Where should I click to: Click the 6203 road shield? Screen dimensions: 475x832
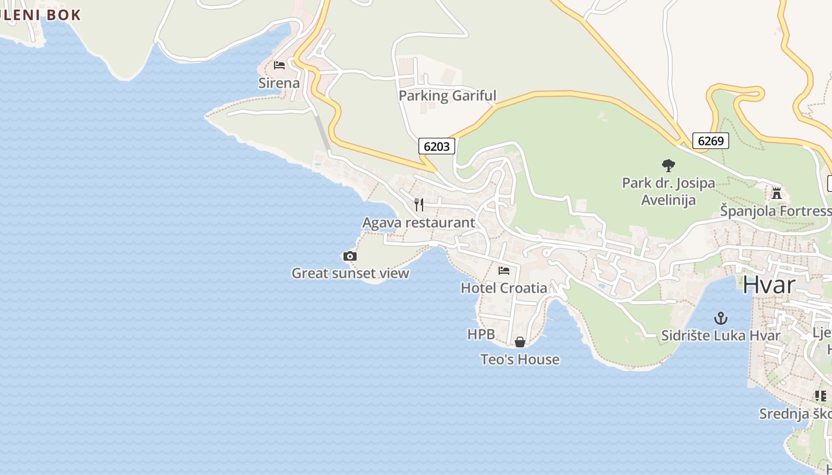437,146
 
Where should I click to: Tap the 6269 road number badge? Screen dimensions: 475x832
710,141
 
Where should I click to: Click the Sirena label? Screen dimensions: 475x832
279,83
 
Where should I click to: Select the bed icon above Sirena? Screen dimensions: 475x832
279,65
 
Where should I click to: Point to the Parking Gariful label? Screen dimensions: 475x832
447,96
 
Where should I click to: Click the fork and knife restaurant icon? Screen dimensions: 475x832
419,205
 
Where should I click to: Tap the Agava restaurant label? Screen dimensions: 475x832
418,223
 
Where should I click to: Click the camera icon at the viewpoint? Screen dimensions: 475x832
350,256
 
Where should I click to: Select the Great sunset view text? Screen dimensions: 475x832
350,273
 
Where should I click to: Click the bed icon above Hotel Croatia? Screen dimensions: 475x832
504,271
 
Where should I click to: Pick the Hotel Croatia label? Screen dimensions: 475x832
504,288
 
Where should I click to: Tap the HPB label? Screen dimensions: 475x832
481,334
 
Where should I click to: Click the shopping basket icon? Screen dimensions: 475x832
520,342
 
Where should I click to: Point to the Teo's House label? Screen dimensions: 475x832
520,359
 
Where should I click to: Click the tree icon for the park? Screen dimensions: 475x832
669,166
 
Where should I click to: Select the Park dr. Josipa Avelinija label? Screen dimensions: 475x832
669,191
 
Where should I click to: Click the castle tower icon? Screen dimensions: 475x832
776,193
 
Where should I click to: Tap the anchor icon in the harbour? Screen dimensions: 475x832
721,318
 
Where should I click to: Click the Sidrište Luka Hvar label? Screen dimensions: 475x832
721,335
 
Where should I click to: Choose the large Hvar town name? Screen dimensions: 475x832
768,285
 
